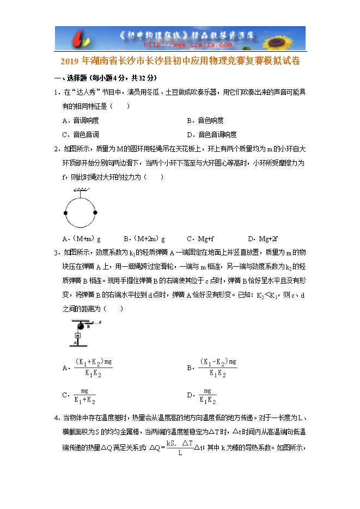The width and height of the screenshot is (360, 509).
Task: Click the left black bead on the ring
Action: click(x=66, y=213)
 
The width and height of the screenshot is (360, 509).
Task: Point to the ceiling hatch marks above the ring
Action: click(x=80, y=189)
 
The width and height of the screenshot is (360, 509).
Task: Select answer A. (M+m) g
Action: click(x=82, y=239)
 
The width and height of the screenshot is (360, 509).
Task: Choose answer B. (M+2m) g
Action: click(x=144, y=239)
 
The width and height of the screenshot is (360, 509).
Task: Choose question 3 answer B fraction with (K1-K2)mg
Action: click(x=217, y=368)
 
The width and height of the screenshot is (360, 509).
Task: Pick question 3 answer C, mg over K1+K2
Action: click(x=84, y=396)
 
